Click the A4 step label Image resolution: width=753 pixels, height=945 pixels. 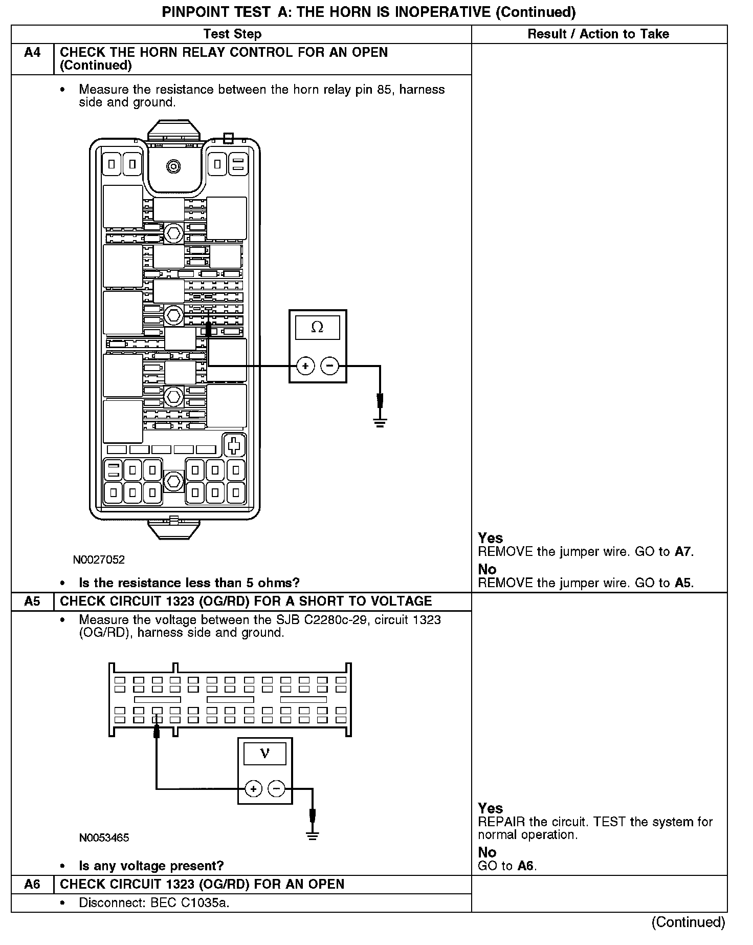point(32,53)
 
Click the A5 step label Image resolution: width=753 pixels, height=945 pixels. point(32,601)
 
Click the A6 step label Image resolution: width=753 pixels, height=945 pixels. point(32,884)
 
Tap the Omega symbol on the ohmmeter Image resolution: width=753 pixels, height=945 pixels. point(317,328)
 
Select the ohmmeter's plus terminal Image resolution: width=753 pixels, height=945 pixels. point(305,366)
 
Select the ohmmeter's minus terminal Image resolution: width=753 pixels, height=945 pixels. point(329,366)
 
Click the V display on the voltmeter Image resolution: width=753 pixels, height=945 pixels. point(265,754)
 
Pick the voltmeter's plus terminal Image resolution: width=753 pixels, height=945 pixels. point(253,789)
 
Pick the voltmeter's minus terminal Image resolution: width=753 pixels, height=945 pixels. point(277,789)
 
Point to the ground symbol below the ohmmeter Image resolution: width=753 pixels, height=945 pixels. point(380,422)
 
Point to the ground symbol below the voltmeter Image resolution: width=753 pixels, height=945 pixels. point(313,836)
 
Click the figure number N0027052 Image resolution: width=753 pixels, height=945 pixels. point(99,560)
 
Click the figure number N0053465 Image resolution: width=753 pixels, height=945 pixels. point(104,838)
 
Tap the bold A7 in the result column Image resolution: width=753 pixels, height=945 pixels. point(683,552)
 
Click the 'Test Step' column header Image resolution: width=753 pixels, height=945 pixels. point(232,34)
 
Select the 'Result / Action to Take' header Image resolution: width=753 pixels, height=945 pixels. point(598,34)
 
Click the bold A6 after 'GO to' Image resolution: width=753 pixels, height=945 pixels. point(525,866)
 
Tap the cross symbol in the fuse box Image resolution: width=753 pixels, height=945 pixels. point(234,446)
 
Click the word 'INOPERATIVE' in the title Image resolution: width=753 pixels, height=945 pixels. point(440,12)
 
